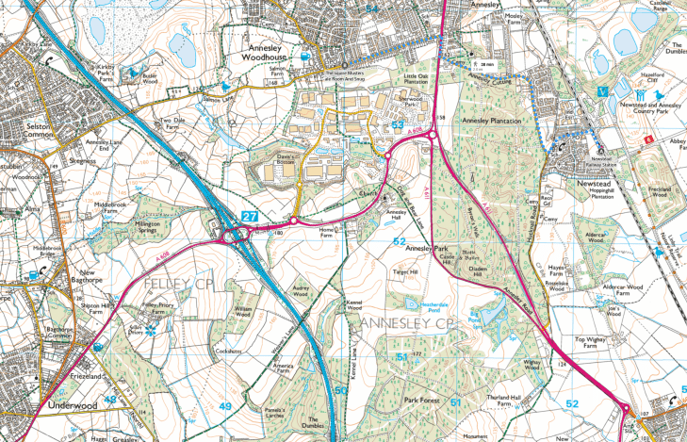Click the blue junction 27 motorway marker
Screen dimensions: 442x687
tap(250, 217)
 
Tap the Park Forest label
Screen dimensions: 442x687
tap(424, 401)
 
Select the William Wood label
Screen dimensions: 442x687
tap(245, 310)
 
